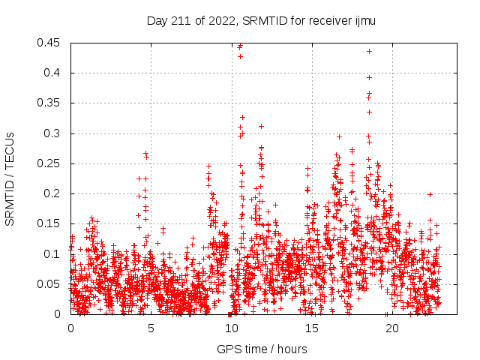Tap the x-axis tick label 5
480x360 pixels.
pos(151,328)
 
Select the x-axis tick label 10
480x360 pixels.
pos(231,328)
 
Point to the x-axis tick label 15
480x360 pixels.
pos(311,328)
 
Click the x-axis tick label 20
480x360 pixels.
pos(391,328)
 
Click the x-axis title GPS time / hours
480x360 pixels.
pos(262,349)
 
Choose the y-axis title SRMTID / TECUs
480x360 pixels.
pos(10,178)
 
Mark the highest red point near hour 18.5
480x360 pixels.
pos(369,51)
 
